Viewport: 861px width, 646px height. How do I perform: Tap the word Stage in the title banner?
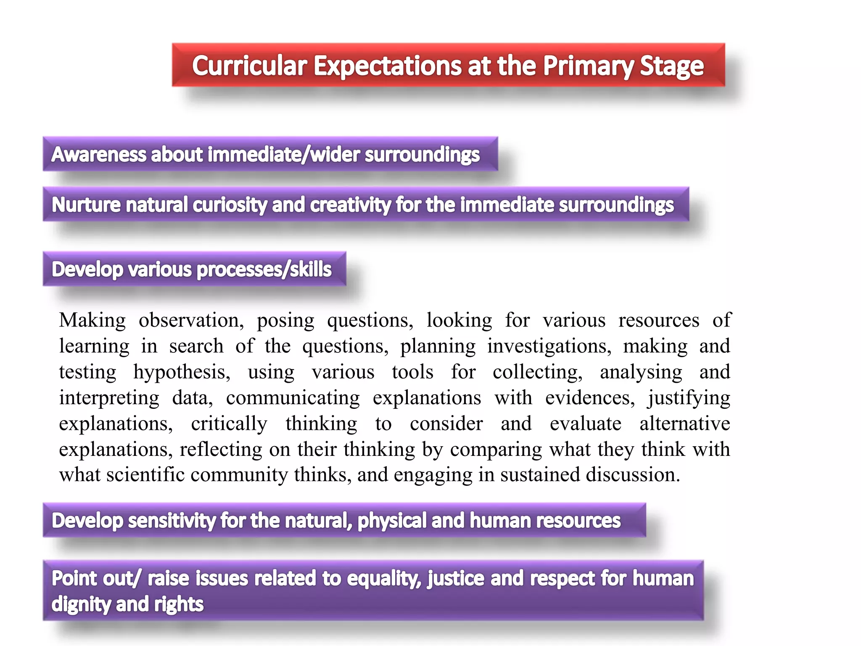coord(671,66)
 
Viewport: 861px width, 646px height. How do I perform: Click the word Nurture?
coord(86,205)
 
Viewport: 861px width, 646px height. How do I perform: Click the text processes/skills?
coord(264,270)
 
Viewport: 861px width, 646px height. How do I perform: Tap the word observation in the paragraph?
coord(191,320)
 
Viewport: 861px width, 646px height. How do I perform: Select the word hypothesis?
coord(182,372)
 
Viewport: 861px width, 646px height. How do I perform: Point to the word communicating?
coord(293,398)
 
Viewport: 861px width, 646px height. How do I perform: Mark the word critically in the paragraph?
coord(229,424)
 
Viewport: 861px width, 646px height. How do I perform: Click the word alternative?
coord(684,424)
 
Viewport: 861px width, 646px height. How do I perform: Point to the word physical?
coord(391,521)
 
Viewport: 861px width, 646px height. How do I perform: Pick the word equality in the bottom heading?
coord(384,579)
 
